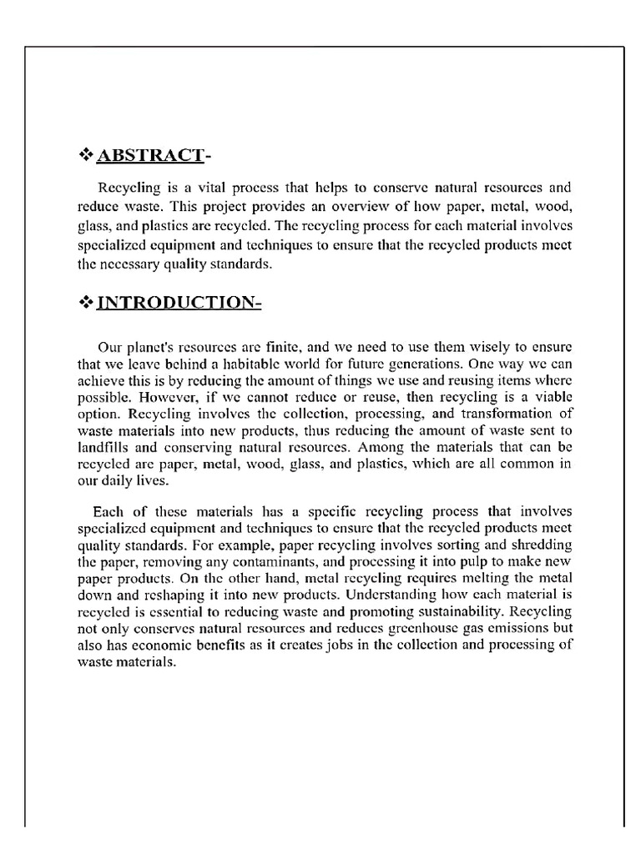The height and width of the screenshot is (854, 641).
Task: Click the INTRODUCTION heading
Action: (x=179, y=303)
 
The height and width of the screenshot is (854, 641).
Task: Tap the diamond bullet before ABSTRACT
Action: (x=84, y=155)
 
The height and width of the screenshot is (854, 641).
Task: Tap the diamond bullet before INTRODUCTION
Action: (x=84, y=303)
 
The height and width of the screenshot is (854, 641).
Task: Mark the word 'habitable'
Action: (x=256, y=364)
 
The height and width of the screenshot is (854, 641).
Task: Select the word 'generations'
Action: (x=421, y=364)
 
